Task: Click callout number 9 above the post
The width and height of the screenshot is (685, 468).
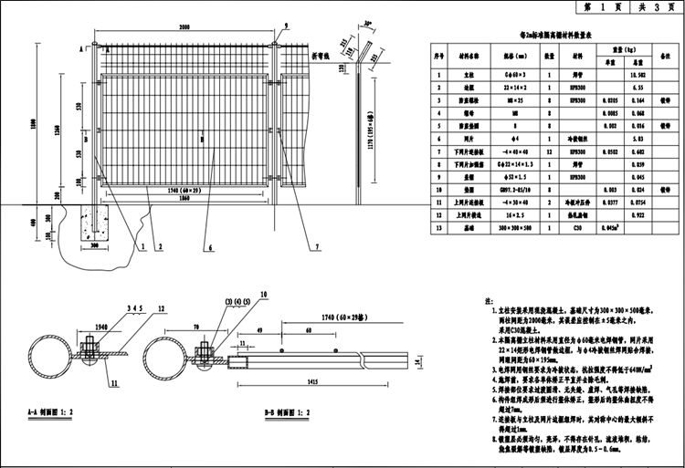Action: pyautogui.click(x=286, y=26)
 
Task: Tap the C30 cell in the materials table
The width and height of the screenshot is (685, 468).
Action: pyautogui.click(x=577, y=228)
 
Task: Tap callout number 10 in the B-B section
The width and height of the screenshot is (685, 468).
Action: pyautogui.click(x=265, y=294)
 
